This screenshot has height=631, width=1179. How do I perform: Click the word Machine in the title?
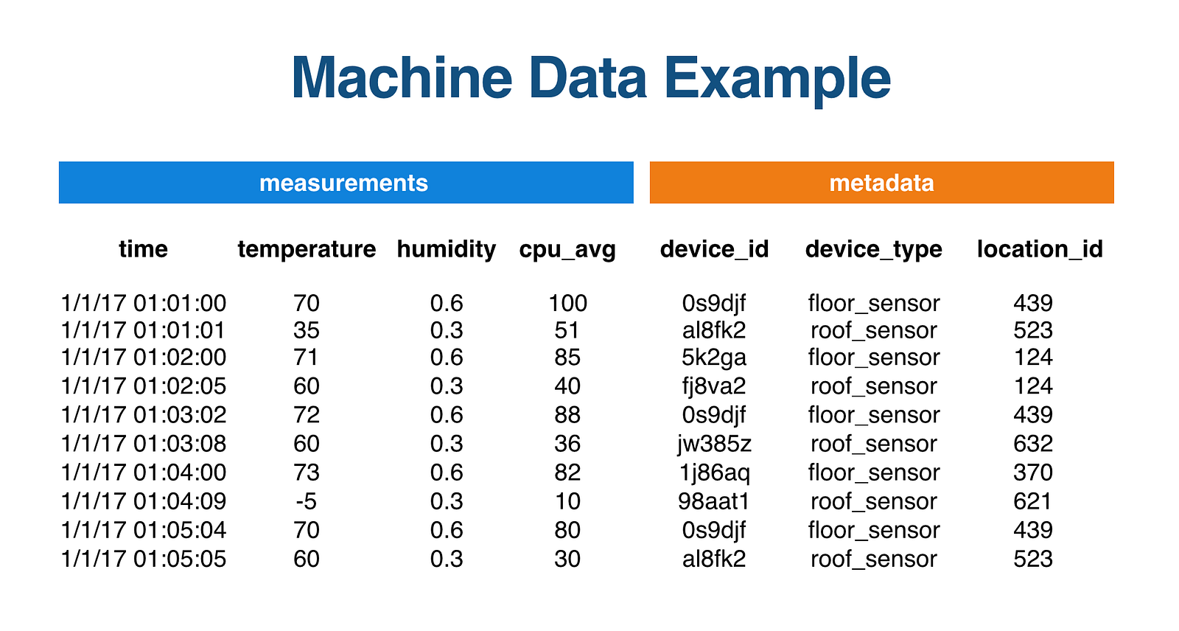pyautogui.click(x=402, y=77)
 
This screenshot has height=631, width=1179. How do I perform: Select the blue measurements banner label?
pyautogui.click(x=343, y=183)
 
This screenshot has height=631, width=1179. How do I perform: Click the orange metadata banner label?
pyautogui.click(x=881, y=183)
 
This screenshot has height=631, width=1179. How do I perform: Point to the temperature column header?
pyautogui.click(x=307, y=249)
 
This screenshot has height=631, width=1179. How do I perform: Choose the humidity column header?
pyautogui.click(x=447, y=249)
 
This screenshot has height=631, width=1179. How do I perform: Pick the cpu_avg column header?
pyautogui.click(x=567, y=250)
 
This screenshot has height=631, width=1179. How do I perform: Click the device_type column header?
pyautogui.click(x=874, y=250)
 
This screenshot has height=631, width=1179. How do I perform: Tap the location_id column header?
pyautogui.click(x=1040, y=249)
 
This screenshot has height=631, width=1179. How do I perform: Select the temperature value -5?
pyautogui.click(x=307, y=501)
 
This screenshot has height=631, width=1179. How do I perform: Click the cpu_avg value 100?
pyautogui.click(x=567, y=304)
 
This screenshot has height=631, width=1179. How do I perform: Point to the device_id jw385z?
pyautogui.click(x=714, y=444)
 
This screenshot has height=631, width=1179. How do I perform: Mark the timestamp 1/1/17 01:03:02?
pyautogui.click(x=144, y=414)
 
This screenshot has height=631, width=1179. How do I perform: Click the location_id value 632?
pyautogui.click(x=1032, y=444)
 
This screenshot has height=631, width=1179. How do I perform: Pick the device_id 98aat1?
pyautogui.click(x=714, y=501)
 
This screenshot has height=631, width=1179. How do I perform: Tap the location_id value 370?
pyautogui.click(x=1032, y=473)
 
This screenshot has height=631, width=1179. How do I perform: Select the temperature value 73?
pyautogui.click(x=307, y=473)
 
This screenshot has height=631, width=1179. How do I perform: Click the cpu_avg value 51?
pyautogui.click(x=567, y=331)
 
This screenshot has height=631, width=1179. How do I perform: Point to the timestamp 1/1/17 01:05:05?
pyautogui.click(x=144, y=559)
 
